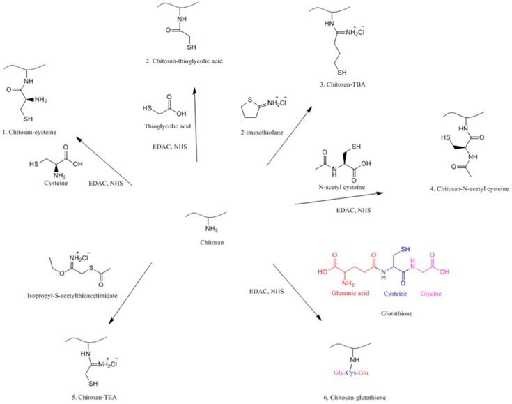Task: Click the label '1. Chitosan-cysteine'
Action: (29, 130)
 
